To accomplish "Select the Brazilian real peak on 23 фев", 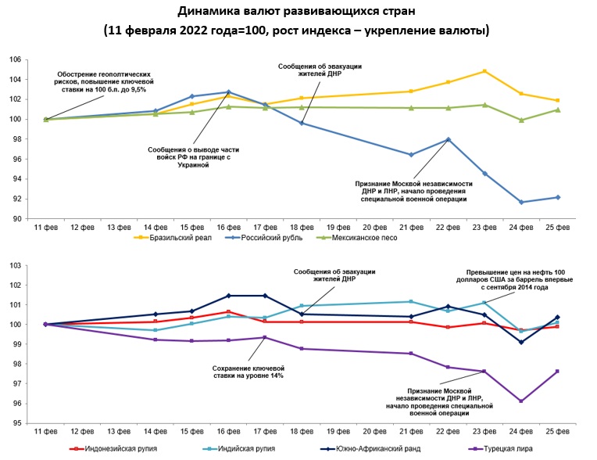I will pos(484,71).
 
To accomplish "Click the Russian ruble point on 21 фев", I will pos(410,154).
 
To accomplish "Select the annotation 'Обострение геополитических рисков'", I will pos(110,81).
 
